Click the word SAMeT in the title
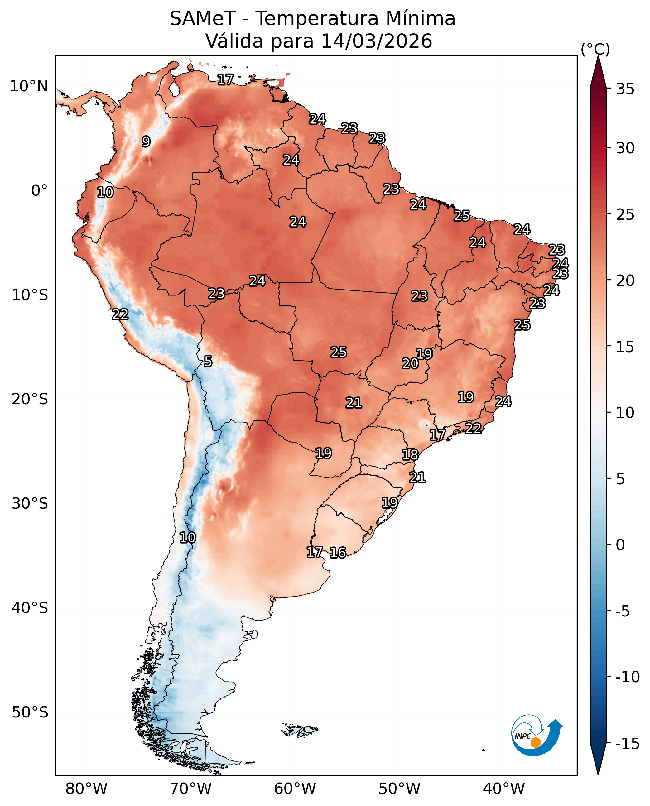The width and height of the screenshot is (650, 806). pyautogui.click(x=203, y=19)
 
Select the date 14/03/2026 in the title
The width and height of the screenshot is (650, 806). pyautogui.click(x=376, y=41)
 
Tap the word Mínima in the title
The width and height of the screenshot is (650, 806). pyautogui.click(x=421, y=19)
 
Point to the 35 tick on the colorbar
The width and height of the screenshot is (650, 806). pyautogui.click(x=625, y=89)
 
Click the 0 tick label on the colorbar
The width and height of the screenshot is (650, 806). pyautogui.click(x=620, y=545)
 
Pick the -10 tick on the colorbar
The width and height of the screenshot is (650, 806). pyautogui.click(x=627, y=677)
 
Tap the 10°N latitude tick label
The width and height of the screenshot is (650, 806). pyautogui.click(x=29, y=86)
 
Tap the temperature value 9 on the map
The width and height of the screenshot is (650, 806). pyautogui.click(x=146, y=142)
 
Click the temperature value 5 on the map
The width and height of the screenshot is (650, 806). pyautogui.click(x=208, y=361)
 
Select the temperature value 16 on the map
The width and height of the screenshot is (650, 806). pyautogui.click(x=338, y=553)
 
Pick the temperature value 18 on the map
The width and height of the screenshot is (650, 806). pyautogui.click(x=410, y=455)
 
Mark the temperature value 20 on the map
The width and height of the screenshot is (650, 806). pyautogui.click(x=410, y=363)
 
